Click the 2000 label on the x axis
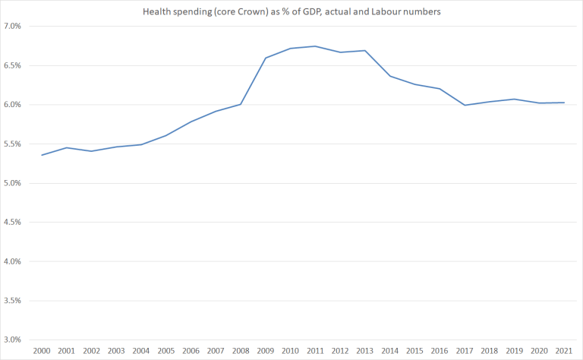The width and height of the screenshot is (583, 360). click(x=41, y=352)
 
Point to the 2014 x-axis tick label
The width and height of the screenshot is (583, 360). click(x=391, y=352)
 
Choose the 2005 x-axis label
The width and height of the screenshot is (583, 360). click(x=165, y=352)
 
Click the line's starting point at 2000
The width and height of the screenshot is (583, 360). click(x=41, y=155)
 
